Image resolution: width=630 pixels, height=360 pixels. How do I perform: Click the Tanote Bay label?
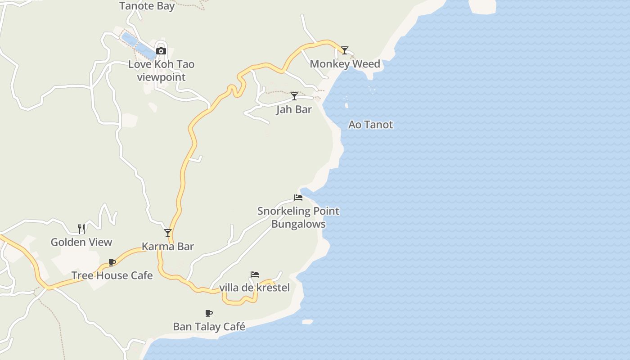coord(147,6)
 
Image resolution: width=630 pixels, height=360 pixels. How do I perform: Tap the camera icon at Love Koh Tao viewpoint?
coord(161,51)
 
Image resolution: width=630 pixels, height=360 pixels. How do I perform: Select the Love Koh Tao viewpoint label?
coord(161,71)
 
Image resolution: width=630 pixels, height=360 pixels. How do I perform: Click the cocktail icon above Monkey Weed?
coord(345,50)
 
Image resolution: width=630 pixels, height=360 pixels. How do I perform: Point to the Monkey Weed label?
coord(345,64)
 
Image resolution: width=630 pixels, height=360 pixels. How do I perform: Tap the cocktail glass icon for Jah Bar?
coord(294,96)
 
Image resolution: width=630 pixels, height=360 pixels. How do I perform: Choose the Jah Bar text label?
coord(294,109)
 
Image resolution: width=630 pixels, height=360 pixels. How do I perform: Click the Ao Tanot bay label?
coord(371,125)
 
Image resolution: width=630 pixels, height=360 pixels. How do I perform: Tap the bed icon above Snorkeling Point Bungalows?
coord(298,197)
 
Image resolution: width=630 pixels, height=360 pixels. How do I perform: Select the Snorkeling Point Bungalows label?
coord(298,217)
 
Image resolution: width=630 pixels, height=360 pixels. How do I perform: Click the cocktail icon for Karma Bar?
coord(168,233)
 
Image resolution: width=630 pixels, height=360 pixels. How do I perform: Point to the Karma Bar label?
coord(168,246)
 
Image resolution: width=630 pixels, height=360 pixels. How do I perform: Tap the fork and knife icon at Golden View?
coord(81,229)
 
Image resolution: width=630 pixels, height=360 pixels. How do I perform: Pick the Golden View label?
coord(81,242)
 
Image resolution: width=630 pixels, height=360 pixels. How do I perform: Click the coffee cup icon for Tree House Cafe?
coord(112,262)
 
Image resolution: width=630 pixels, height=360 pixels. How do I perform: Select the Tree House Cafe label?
coord(112,275)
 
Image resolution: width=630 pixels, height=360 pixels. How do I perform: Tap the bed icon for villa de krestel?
coord(255,274)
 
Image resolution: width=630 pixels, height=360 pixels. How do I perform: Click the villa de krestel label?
coord(255,288)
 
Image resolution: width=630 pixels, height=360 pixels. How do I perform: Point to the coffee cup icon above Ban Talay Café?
coord(209,313)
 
